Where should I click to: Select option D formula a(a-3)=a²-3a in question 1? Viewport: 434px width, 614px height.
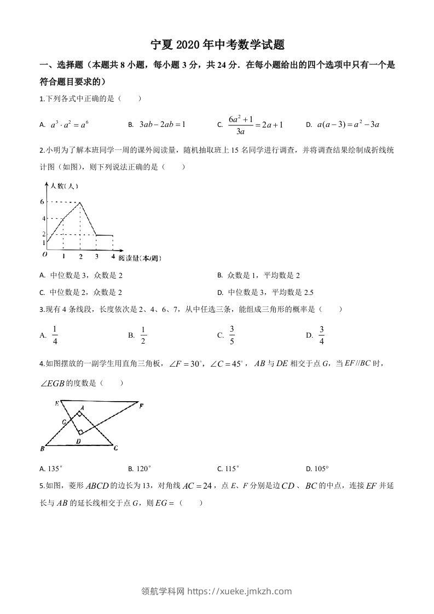[348, 125]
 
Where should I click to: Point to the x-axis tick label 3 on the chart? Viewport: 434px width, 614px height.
[97, 256]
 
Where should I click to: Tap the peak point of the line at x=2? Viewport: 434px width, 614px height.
[80, 202]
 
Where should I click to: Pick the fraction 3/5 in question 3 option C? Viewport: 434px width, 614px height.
[232, 335]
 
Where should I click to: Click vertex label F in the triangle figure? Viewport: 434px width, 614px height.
[141, 406]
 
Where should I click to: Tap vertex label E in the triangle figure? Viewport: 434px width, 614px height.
[56, 403]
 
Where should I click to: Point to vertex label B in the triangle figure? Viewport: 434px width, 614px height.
[42, 449]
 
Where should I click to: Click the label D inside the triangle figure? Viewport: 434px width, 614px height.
[78, 441]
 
